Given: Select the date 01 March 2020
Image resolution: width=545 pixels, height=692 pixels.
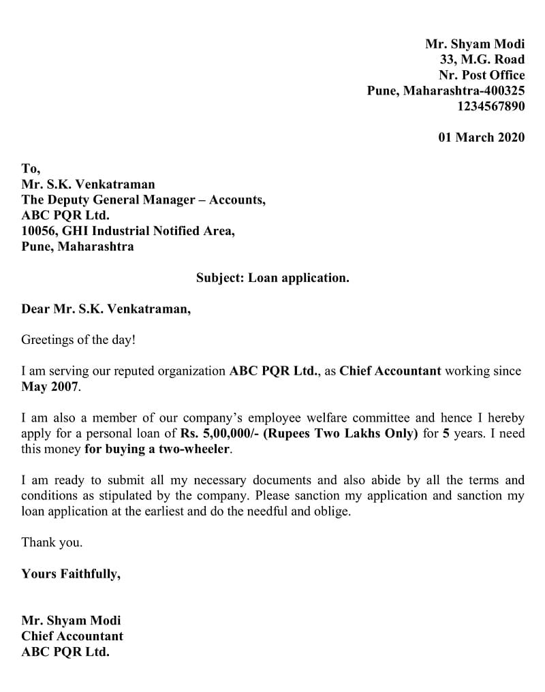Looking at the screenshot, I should pos(481,137).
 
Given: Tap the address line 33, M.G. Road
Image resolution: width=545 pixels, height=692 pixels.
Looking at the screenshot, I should pos(482,59).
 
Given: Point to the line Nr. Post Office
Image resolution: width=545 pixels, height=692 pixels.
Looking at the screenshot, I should pos(482,75).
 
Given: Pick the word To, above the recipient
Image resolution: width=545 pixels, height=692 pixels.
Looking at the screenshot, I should pos(31,168).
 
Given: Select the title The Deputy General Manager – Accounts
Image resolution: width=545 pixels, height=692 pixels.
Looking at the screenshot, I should pos(143,200).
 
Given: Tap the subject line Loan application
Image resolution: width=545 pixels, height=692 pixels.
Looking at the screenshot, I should pos(272,278).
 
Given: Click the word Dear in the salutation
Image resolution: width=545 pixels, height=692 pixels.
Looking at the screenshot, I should pos(35,309).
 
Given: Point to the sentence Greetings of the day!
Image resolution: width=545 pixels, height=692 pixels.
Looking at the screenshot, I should pos(78,340).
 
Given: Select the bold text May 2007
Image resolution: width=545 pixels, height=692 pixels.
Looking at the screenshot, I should pos(50,387).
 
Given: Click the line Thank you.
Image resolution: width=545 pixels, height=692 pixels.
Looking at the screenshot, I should pos(52,543).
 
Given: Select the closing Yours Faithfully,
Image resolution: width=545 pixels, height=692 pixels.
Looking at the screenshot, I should pos(71,573).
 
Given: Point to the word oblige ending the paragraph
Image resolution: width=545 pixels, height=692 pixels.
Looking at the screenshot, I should pos(332,512).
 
